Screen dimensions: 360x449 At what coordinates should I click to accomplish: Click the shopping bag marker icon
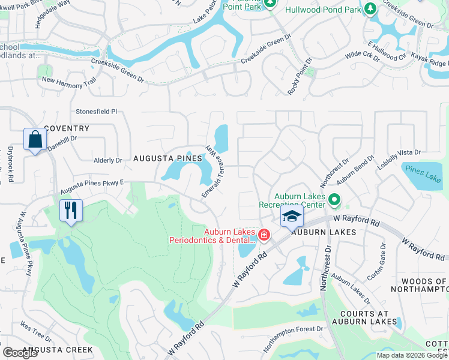click(35, 140)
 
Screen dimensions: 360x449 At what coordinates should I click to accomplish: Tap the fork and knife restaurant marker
click(71, 211)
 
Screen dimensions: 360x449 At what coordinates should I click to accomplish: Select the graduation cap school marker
click(291, 217)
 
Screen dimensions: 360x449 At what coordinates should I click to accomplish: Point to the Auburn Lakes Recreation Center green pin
click(335, 200)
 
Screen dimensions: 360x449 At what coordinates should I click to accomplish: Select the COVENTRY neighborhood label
click(67, 128)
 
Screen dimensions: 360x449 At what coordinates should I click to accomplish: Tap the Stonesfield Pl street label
click(96, 112)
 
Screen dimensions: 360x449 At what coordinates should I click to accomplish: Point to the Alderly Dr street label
click(108, 160)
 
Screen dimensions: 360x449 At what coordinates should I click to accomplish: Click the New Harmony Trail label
click(68, 81)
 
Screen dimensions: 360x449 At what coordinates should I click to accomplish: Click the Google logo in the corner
click(20, 353)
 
